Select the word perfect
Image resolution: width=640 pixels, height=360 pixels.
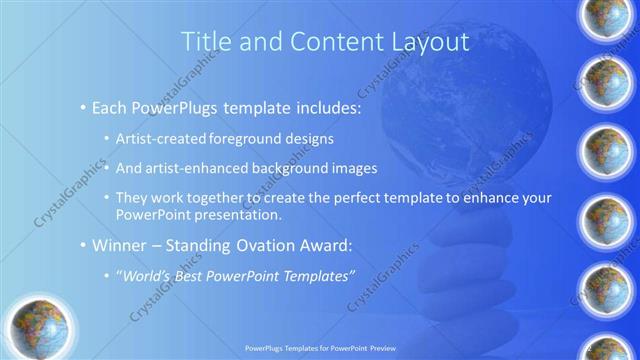(x=349, y=198)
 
